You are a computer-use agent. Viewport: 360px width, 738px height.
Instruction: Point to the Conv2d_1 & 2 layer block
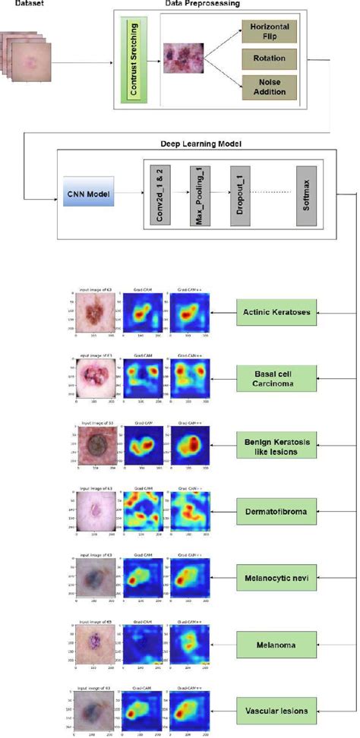click(x=159, y=194)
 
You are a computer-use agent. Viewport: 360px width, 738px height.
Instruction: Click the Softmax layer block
click(x=305, y=194)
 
